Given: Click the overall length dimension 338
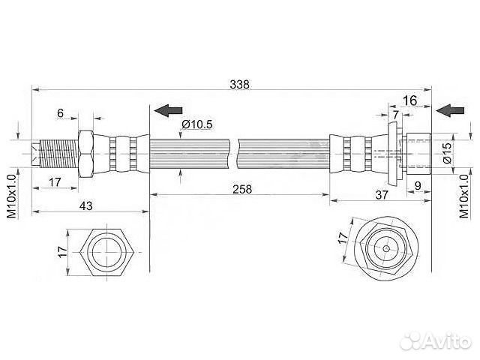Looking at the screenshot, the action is (240, 84).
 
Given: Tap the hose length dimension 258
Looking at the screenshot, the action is (242, 189).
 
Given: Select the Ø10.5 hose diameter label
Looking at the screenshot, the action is (196, 124).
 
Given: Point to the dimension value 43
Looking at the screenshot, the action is (85, 205).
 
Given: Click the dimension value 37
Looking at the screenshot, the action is (382, 195).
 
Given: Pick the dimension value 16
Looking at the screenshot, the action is (409, 100).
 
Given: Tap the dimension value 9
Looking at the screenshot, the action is (418, 185).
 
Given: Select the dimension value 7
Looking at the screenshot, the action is (396, 115).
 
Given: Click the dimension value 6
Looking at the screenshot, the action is (60, 113).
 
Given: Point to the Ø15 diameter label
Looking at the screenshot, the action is (447, 153).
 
